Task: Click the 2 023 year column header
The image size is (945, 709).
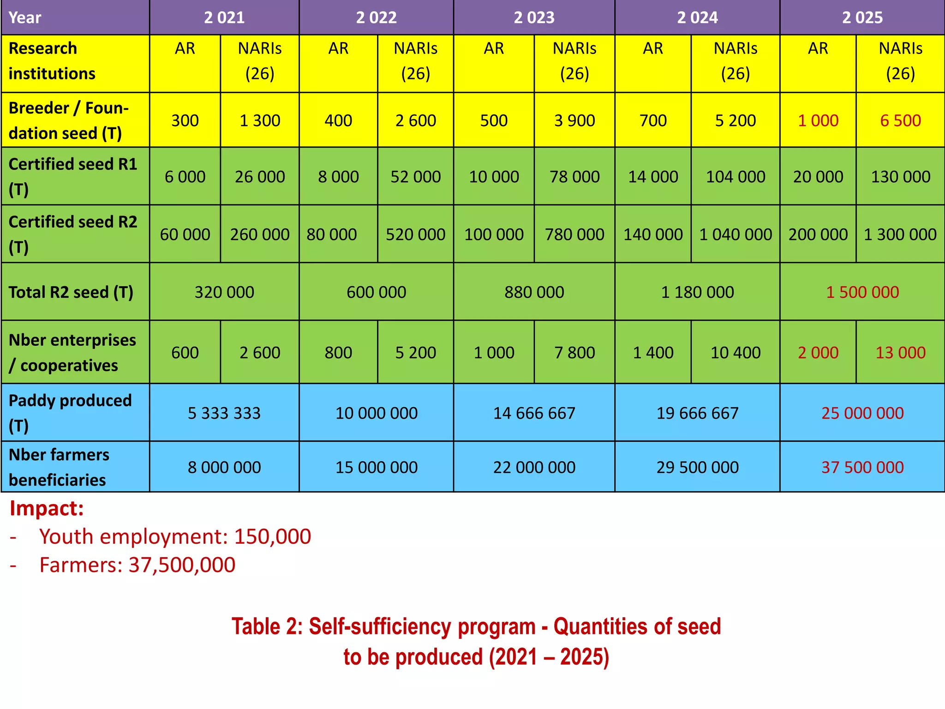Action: coord(534,18)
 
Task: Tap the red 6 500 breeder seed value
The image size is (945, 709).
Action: coord(900,120)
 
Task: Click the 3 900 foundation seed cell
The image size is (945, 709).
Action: coord(574,120)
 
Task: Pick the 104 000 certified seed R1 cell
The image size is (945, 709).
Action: coord(736,176)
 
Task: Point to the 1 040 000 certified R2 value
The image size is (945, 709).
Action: coord(736,234)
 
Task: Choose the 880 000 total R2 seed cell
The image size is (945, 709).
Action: coord(534,292)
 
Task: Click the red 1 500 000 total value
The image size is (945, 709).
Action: coord(862,292)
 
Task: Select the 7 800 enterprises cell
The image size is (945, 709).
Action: coord(574,353)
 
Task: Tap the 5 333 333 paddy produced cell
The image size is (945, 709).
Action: coord(224,413)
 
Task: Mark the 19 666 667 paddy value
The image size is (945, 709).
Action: coord(697,413)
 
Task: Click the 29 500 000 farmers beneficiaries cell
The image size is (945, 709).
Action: coord(697,467)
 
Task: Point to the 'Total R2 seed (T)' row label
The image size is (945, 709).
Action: coord(71,292)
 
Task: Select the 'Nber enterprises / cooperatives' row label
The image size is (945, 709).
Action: coord(72,353)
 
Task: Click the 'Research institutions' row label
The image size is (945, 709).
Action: coord(52,61)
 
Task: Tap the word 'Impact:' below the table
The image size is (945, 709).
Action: coord(47,508)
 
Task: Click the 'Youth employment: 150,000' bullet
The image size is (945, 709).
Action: coord(175,536)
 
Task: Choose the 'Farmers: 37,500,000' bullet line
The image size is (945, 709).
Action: coord(137,565)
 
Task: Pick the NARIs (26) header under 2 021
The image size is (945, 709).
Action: coord(260,61)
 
